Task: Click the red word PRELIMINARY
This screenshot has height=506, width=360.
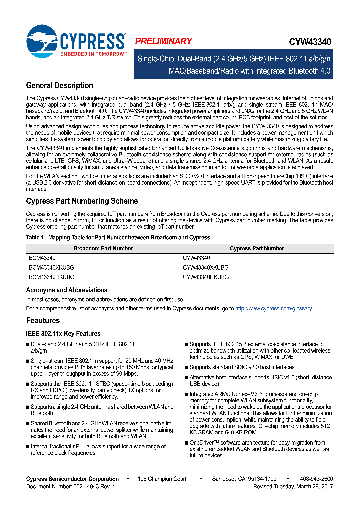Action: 163,41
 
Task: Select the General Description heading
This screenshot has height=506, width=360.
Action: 59,85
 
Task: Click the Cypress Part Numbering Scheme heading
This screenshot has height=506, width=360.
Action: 82,201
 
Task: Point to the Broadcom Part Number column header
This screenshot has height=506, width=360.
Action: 103,248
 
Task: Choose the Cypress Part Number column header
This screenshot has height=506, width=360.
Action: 257,248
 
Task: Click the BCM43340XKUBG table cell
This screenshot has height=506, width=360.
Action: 51,267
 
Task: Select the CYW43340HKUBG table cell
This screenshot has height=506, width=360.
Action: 205,276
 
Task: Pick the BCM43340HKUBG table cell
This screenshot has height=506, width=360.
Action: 51,276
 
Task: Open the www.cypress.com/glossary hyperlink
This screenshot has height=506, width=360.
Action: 273,309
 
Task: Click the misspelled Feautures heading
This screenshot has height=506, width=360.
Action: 43,320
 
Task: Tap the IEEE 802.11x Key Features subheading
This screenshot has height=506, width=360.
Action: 63,333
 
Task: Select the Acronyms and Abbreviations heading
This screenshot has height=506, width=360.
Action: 67,290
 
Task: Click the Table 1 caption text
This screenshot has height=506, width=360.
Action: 118,237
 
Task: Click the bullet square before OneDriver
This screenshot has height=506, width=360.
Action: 186,443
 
